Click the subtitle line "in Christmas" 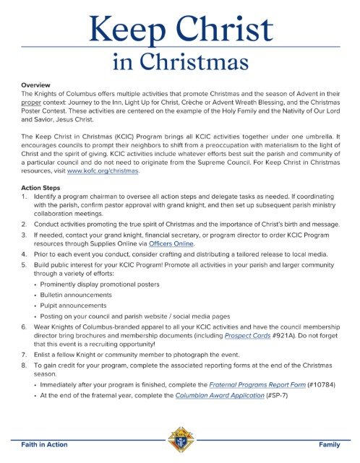(x=180, y=66)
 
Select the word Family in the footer (x=329, y=444)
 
